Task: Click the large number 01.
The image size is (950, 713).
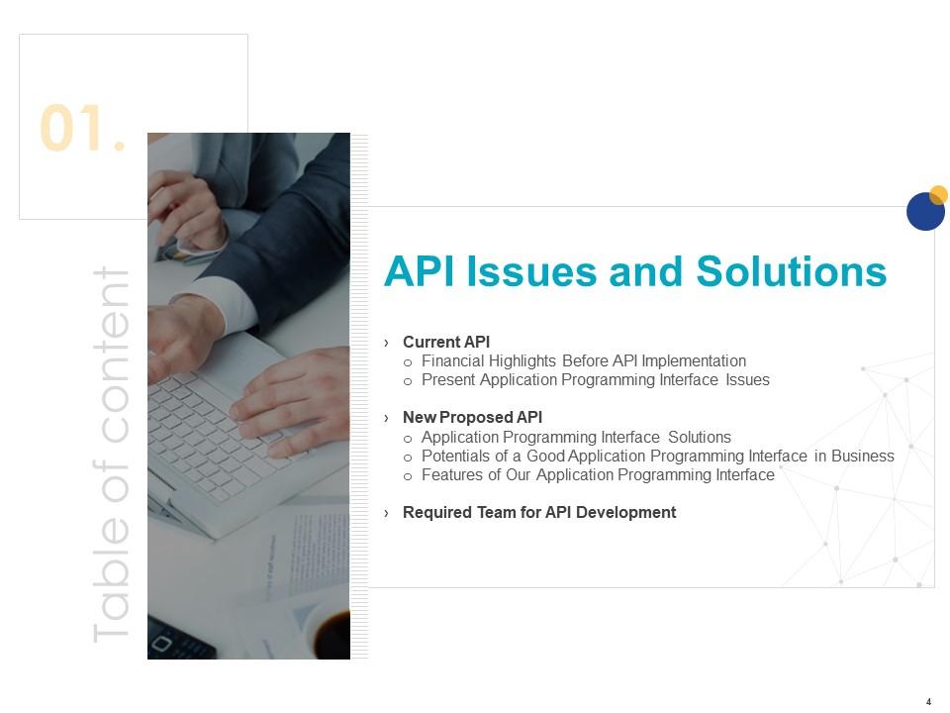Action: tap(83, 130)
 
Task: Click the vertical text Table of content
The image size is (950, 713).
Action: tap(111, 455)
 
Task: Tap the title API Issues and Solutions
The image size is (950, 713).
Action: tap(634, 271)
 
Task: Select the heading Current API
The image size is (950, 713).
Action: tap(445, 343)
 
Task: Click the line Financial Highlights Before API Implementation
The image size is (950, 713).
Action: tap(583, 361)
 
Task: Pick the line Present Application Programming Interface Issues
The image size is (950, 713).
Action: tap(595, 380)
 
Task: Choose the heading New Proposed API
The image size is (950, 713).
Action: tap(472, 418)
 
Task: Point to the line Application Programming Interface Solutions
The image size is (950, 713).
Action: tap(576, 437)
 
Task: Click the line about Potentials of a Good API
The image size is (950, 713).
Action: tap(657, 457)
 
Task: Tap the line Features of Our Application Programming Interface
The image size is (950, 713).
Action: tap(598, 475)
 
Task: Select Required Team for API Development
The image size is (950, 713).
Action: tap(539, 513)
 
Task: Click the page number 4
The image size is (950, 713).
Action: tap(928, 701)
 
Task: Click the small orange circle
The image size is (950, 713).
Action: tap(939, 194)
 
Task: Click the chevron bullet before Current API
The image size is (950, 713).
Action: tap(387, 343)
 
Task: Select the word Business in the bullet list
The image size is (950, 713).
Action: tap(863, 457)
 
